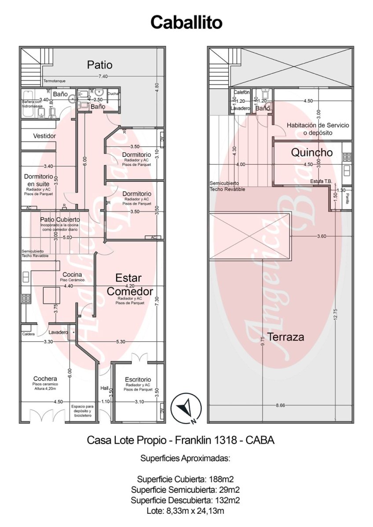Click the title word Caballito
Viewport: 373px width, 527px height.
tap(186, 22)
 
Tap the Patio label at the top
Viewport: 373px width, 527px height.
tap(99, 65)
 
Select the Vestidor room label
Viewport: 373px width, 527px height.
tap(44, 136)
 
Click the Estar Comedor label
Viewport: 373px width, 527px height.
tap(129, 285)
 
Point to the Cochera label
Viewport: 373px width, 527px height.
tap(45, 379)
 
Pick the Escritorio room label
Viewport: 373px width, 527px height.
tap(138, 379)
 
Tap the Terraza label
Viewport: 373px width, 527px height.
tap(286, 337)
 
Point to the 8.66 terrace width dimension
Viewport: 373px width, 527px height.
tap(281, 405)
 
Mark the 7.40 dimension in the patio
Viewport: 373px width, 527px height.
tap(103, 76)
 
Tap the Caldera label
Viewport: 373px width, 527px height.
tap(28, 334)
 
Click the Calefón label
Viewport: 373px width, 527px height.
tap(241, 92)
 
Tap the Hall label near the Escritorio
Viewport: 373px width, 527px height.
tap(104, 388)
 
